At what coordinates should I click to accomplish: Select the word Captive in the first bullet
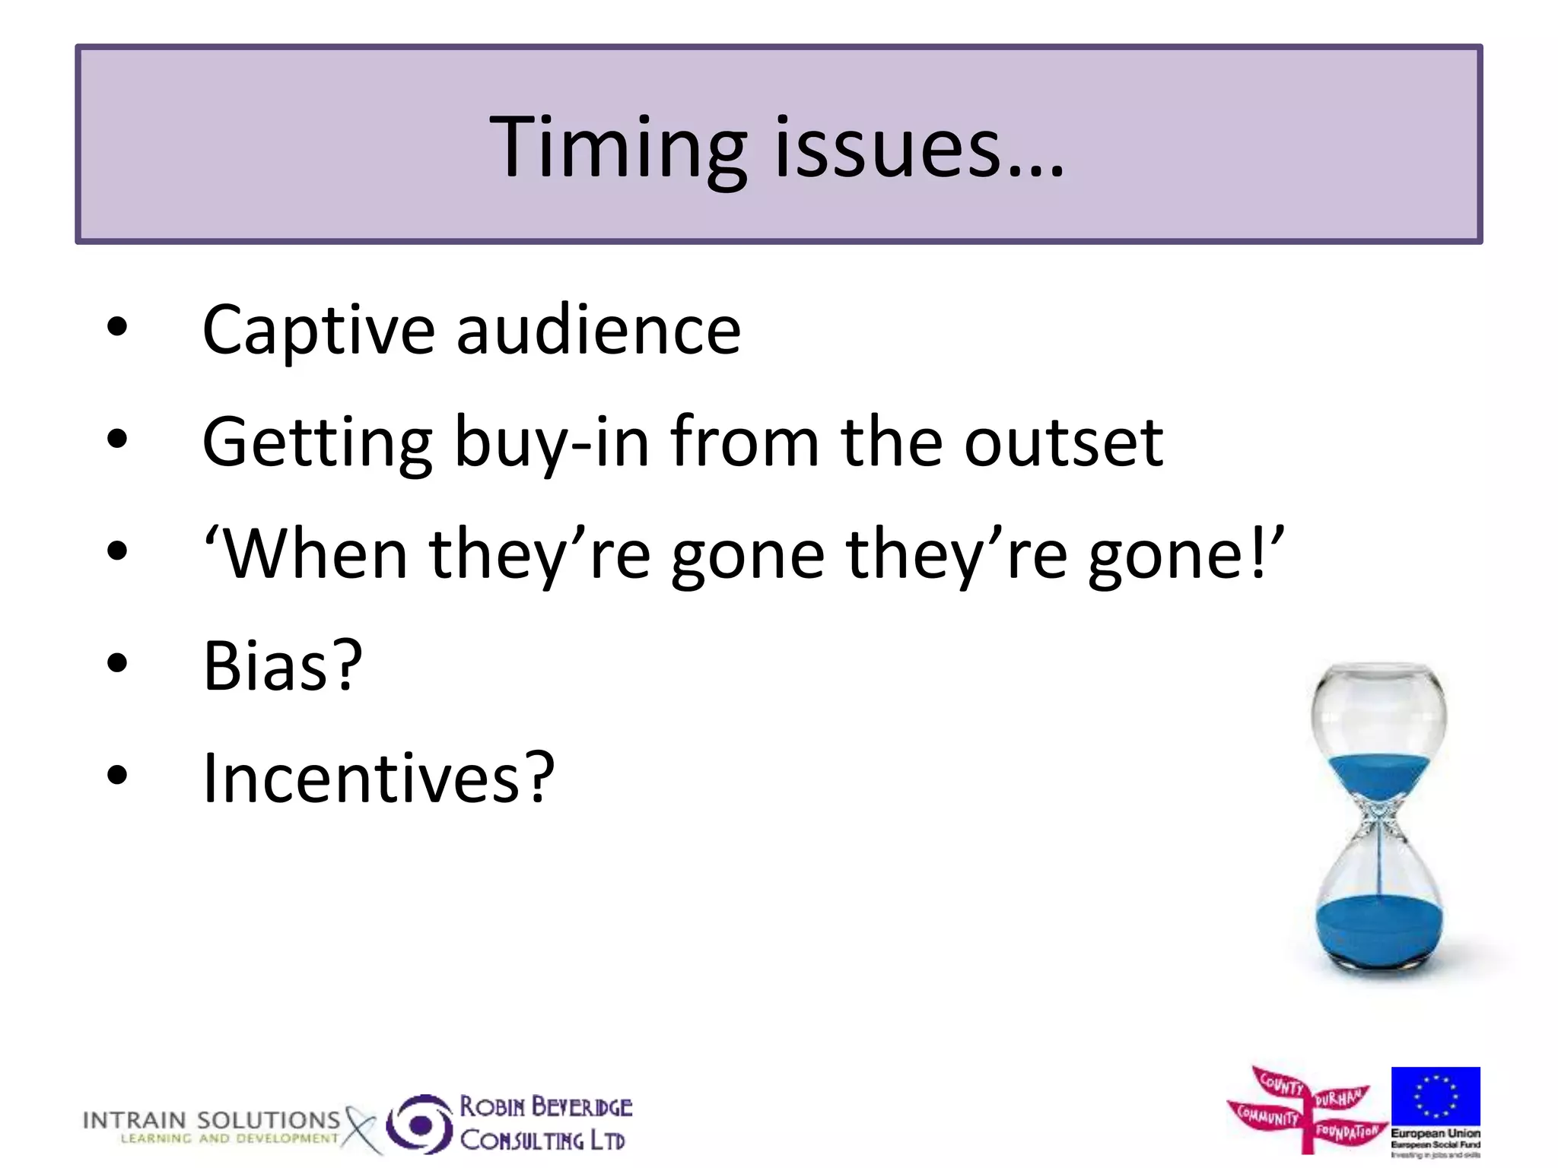(x=318, y=331)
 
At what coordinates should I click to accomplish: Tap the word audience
(x=599, y=331)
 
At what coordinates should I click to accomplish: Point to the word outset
(x=1063, y=443)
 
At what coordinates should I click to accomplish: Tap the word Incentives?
(x=378, y=778)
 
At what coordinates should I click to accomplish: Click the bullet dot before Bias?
(x=117, y=663)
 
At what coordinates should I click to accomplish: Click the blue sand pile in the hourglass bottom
(x=1378, y=932)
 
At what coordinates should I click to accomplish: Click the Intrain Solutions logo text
(x=211, y=1121)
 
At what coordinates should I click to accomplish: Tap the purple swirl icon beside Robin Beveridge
(x=420, y=1124)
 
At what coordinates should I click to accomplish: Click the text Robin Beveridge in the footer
(x=545, y=1106)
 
